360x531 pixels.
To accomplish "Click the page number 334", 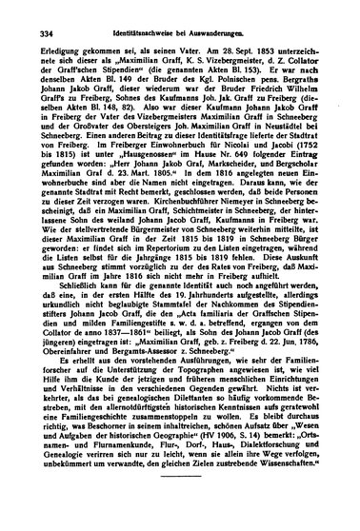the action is [x=40, y=32].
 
